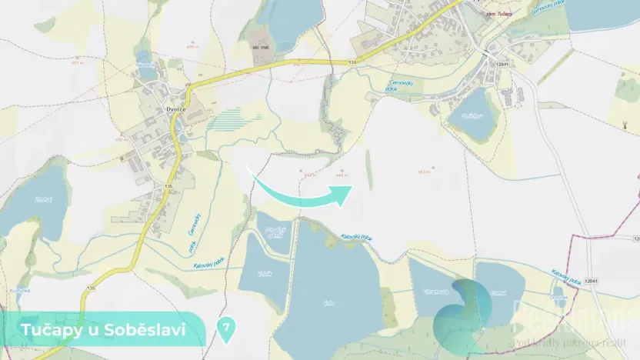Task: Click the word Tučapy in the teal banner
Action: click(x=48, y=330)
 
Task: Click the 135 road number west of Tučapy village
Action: click(x=352, y=61)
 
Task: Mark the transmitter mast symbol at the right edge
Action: click(x=625, y=123)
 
